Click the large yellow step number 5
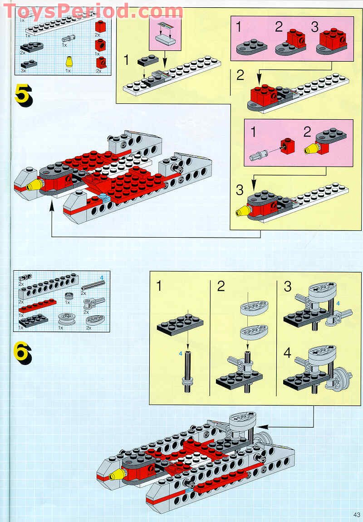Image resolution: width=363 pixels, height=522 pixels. tap(23, 95)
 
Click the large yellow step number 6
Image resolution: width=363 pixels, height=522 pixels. tap(23, 353)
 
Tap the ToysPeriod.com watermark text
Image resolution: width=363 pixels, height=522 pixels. tap(93, 10)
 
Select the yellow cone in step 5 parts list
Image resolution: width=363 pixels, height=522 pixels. tap(69, 62)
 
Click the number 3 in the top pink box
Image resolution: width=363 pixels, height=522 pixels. tap(314, 27)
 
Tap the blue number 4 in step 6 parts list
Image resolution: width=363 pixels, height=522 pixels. tap(102, 278)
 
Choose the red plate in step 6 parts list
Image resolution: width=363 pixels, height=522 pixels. tap(37, 305)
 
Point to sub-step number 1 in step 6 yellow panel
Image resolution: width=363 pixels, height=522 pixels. tap(160, 286)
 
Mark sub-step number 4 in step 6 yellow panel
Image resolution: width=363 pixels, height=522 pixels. tap(287, 352)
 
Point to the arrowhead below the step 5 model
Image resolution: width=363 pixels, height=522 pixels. tap(52, 207)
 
